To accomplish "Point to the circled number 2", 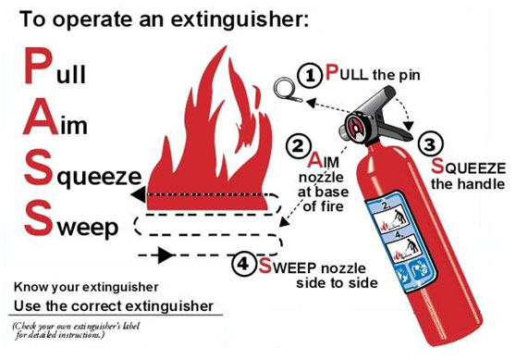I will click(x=297, y=146).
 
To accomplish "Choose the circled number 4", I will click(x=243, y=266).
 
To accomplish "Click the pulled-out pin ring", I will click(x=287, y=91).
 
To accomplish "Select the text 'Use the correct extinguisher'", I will click(x=113, y=304).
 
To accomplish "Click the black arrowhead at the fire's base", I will click(x=137, y=194).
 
